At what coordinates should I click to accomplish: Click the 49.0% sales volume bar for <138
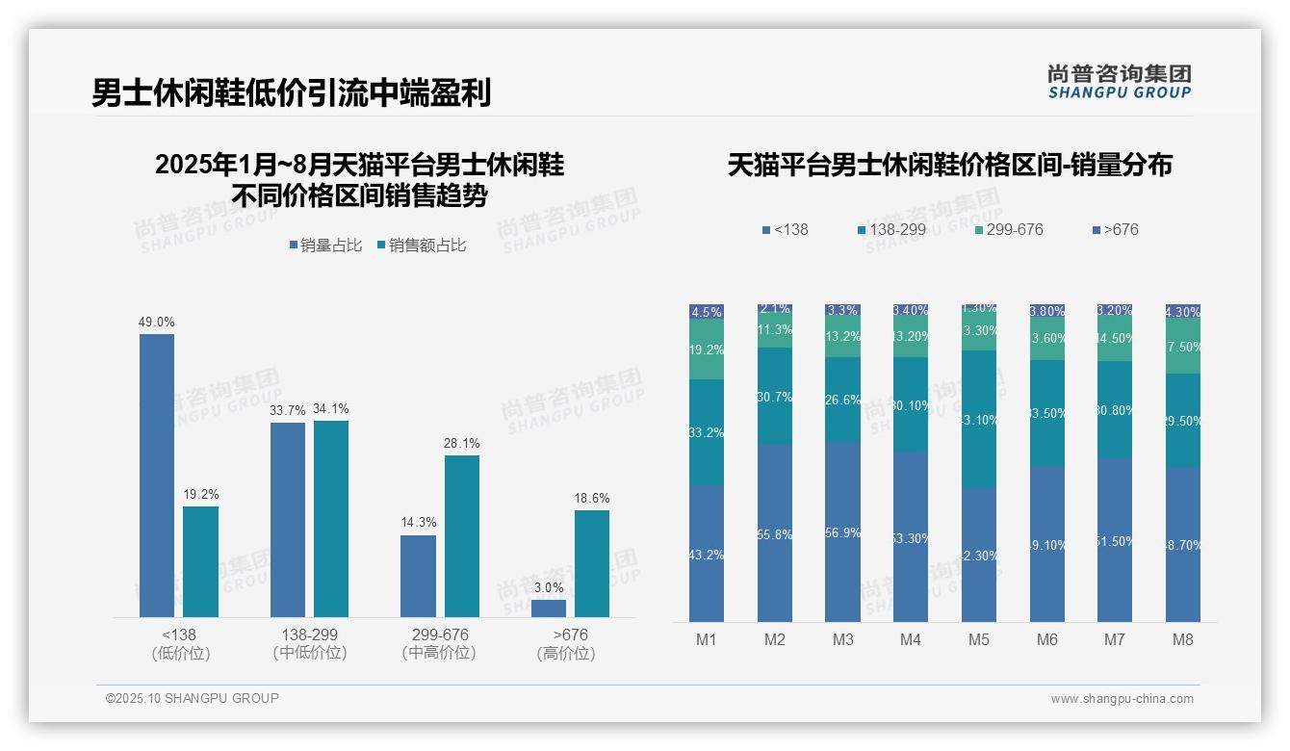point(157,476)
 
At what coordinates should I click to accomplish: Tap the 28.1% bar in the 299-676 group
point(461,536)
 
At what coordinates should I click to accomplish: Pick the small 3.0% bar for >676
point(549,609)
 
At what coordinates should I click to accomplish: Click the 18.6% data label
point(592,498)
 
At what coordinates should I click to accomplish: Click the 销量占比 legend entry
point(325,246)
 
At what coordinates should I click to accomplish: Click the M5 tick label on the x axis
point(978,639)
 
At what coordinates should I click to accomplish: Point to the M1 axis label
point(707,639)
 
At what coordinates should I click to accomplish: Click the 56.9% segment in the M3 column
point(842,532)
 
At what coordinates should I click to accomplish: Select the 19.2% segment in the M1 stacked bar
point(707,350)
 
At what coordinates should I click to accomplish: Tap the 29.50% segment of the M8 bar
point(1183,421)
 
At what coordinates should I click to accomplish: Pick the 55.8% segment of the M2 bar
point(775,533)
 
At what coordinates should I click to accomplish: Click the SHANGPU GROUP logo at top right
point(1119,82)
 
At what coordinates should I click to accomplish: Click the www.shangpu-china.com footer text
point(1122,699)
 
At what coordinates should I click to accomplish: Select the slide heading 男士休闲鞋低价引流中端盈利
point(292,92)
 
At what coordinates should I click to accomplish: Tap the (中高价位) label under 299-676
point(439,653)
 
